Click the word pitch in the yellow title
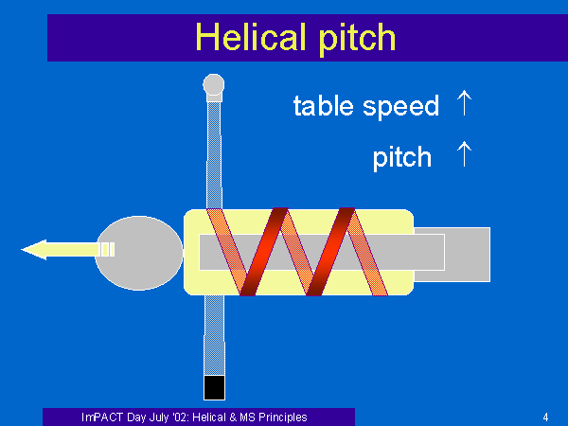357,39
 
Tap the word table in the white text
323,105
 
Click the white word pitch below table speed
402,158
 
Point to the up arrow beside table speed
464,103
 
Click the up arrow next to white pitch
464,154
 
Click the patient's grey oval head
139,253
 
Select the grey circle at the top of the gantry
214,85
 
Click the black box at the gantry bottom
214,387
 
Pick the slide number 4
545,417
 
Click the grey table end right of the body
468,255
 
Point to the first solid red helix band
264,252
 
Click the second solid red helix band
330,252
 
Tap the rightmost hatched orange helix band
367,253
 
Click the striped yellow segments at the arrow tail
107,250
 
